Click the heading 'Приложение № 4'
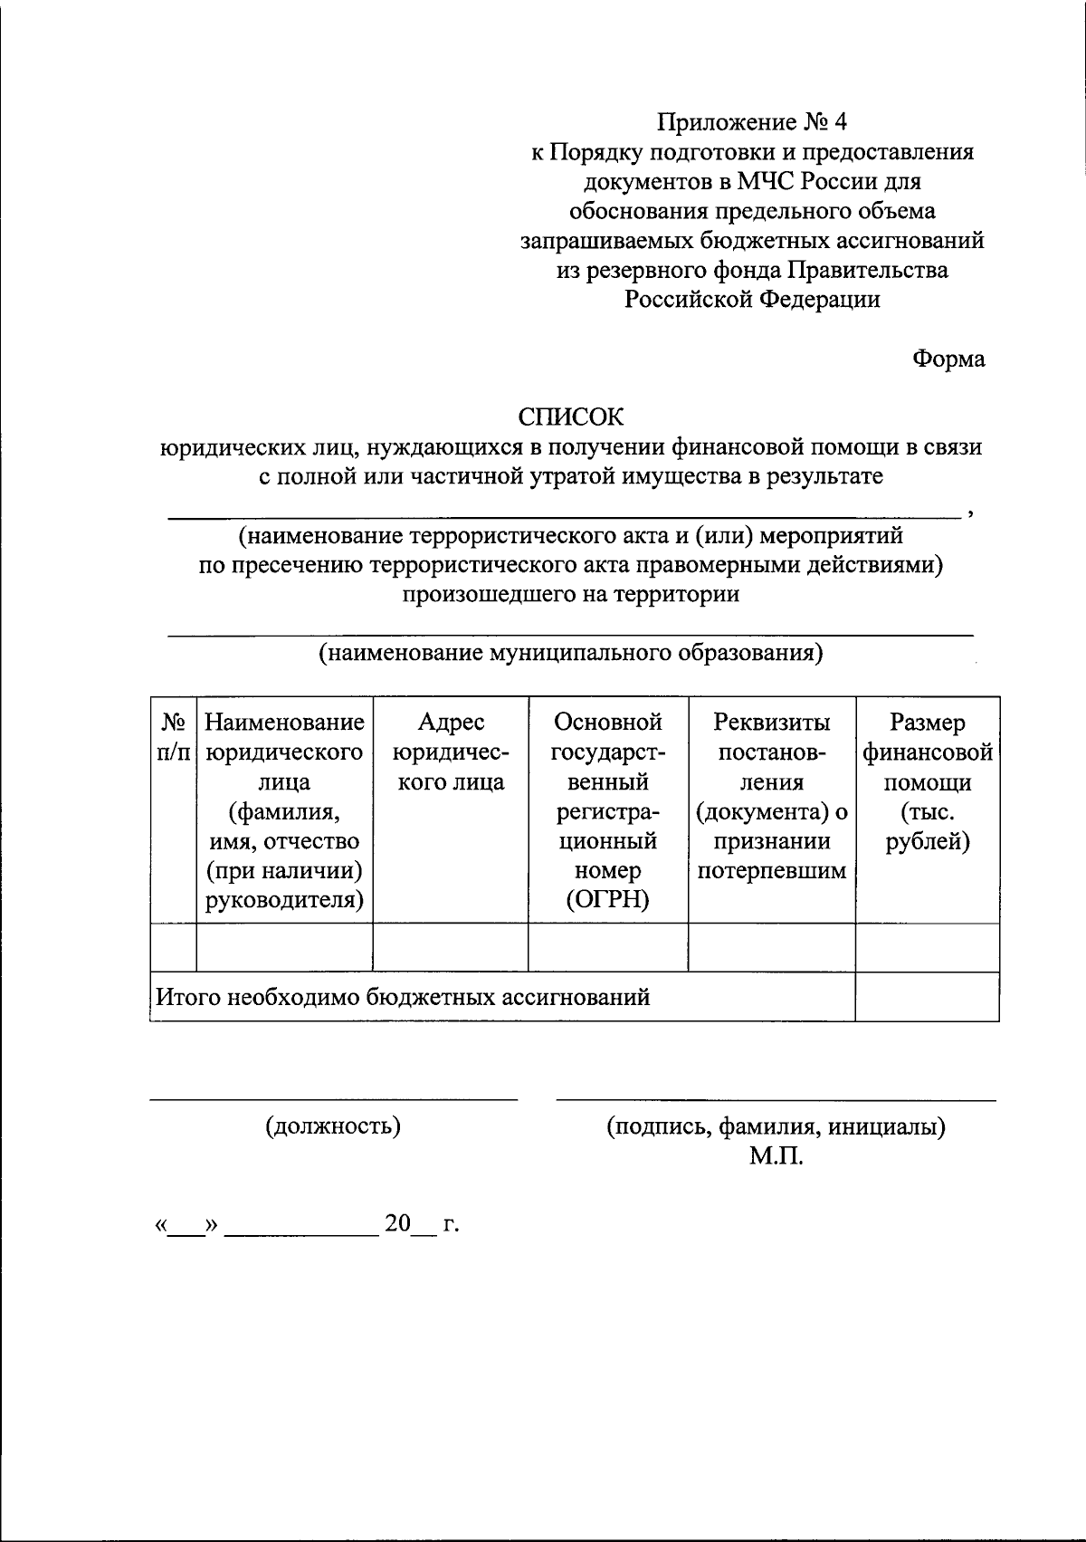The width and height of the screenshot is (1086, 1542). point(753,122)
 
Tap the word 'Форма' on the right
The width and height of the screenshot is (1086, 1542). point(948,359)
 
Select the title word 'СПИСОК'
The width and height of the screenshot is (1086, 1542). point(571,417)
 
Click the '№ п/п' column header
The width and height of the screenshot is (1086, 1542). point(173,737)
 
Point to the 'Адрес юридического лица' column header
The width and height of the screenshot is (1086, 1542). point(451,752)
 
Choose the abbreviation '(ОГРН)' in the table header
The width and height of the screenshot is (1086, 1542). point(607,901)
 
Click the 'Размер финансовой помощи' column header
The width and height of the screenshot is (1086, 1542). point(928,782)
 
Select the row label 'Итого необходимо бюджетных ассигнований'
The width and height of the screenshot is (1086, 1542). point(404,998)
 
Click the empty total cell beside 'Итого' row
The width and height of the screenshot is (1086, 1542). point(928,997)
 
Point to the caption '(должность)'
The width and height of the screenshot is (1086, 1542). point(333,1125)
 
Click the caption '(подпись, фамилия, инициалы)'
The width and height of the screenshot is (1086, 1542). point(776,1126)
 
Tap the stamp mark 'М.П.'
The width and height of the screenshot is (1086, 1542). point(776,1156)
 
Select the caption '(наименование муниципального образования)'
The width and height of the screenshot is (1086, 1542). point(571,653)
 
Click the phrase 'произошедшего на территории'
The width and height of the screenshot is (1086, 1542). point(571,595)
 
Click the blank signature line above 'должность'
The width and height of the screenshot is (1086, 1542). point(333,1099)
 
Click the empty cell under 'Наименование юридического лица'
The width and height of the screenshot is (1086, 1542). point(284,948)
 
